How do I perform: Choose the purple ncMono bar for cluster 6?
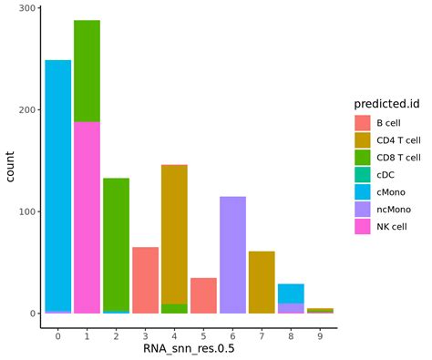pyautogui.click(x=232, y=254)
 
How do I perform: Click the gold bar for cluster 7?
pyautogui.click(x=262, y=282)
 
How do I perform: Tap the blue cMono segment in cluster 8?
pyautogui.click(x=291, y=293)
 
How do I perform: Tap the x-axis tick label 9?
pyautogui.click(x=320, y=335)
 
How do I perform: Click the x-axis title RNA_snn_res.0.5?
pyautogui.click(x=189, y=350)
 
